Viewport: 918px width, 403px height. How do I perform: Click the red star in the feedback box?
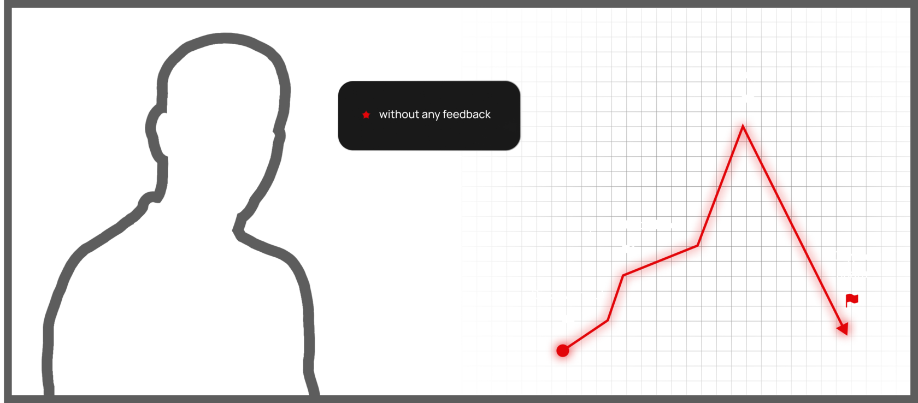pos(366,115)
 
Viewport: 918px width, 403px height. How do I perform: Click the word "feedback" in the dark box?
pos(467,114)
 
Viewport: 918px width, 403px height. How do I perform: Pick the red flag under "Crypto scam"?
pos(852,299)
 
